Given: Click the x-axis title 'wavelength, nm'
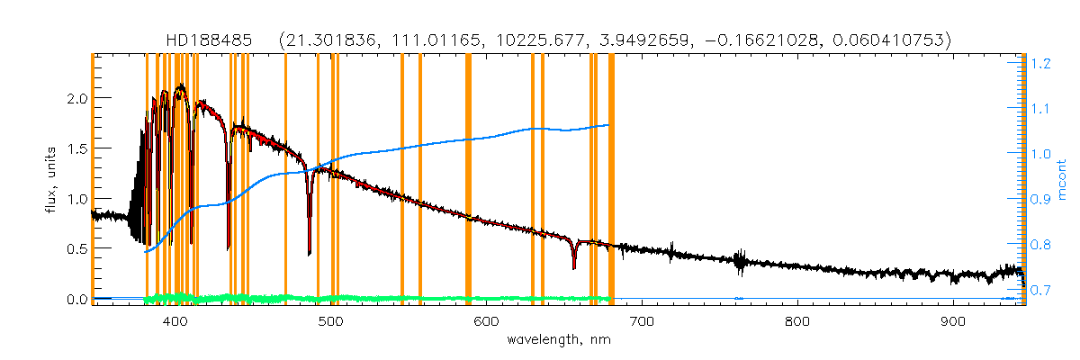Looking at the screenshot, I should [x=558, y=342].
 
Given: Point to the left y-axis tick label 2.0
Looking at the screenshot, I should [x=75, y=98].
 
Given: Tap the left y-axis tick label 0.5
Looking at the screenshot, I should [x=75, y=249].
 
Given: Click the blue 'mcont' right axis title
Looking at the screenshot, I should [x=1063, y=180].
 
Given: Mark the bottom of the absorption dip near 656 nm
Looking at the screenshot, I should [x=573, y=267].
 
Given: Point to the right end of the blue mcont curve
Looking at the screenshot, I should [x=610, y=125].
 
